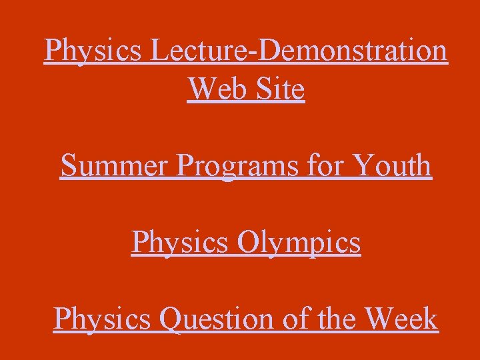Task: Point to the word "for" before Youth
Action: point(325,165)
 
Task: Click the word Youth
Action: point(391,165)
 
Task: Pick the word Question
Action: point(221,319)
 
